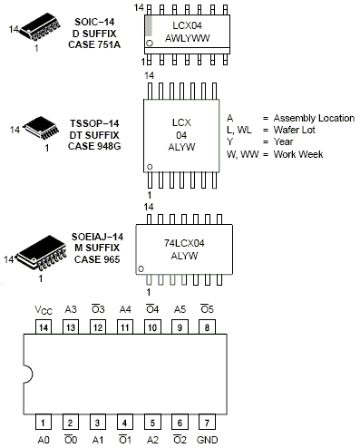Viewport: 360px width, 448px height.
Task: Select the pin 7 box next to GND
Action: tap(208, 422)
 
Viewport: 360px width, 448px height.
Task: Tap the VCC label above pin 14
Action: tap(43, 308)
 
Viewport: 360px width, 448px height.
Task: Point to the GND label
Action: tap(208, 440)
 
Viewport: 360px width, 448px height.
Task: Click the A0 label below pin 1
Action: tap(43, 440)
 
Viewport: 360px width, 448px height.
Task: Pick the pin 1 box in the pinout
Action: tap(43, 422)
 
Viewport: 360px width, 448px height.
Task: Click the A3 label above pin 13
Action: tap(70, 308)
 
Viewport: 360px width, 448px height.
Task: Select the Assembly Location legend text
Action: tap(306, 118)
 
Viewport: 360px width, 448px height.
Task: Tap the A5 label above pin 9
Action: tap(180, 308)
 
